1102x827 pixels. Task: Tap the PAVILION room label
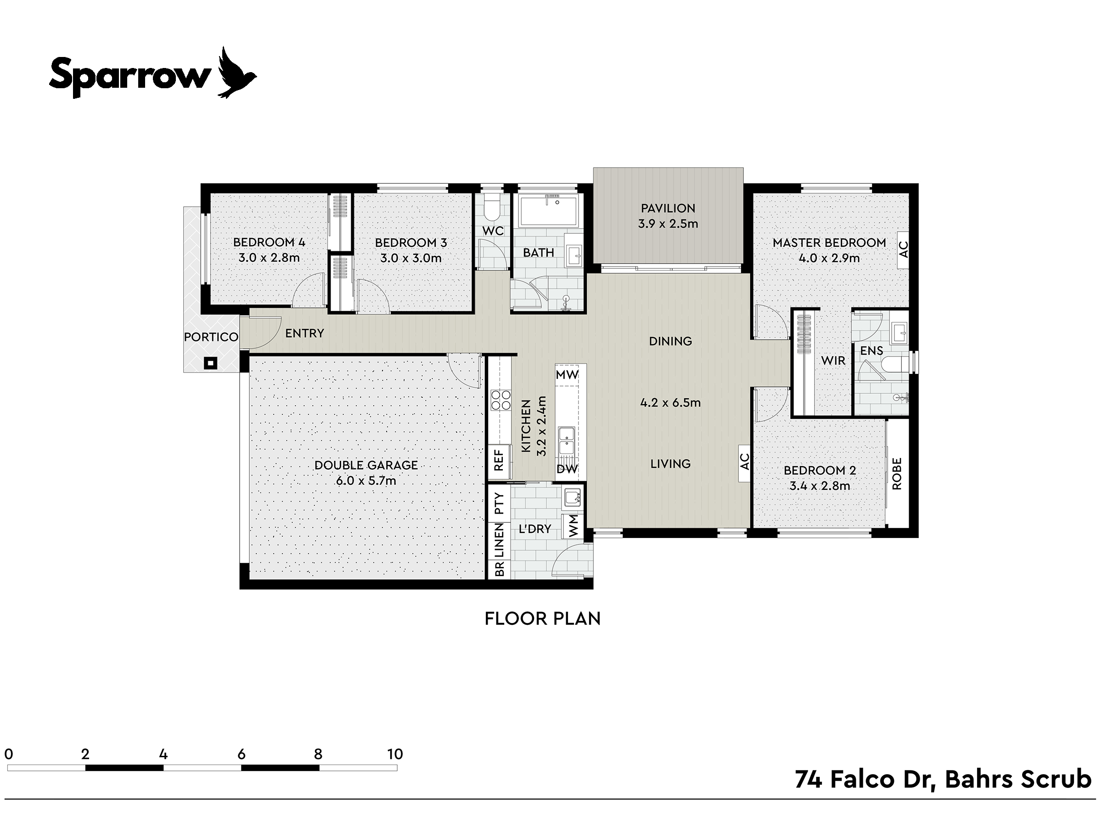(668, 208)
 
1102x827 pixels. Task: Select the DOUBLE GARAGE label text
(366, 465)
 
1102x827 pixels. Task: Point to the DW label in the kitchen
(567, 469)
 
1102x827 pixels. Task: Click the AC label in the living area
(744, 462)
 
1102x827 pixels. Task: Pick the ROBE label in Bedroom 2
(897, 474)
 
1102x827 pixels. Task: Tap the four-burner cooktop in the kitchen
(500, 400)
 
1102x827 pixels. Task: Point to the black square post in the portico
(211, 363)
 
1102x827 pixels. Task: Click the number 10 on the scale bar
(394, 754)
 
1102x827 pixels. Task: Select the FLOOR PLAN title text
(543, 618)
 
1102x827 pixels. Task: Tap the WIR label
(833, 360)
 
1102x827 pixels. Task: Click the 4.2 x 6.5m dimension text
(670, 403)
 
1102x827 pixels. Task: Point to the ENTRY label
(304, 333)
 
